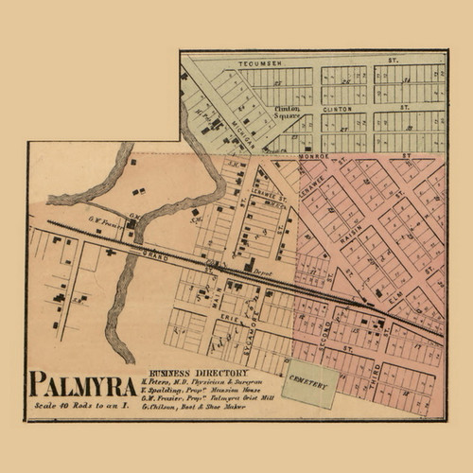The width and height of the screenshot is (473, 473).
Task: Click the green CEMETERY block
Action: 311,385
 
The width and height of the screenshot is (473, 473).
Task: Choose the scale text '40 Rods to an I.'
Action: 83,406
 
